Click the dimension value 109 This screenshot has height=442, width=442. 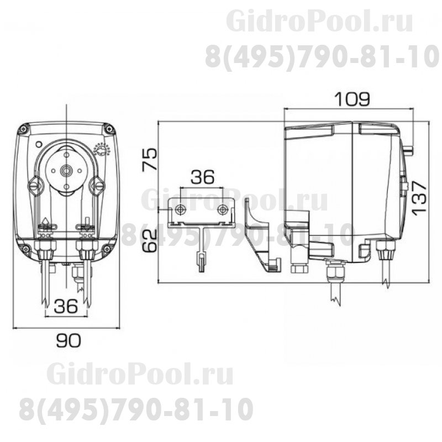tap(351, 99)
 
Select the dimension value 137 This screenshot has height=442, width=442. tap(422, 197)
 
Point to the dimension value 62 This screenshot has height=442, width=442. tap(148, 241)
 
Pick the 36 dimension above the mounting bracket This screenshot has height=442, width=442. tap(202, 177)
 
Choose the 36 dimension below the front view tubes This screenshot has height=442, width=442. tap(66, 308)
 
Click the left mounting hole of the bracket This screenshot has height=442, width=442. tap(181, 209)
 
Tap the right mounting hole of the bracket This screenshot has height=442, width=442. tap(222, 209)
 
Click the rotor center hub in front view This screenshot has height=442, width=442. tap(66, 171)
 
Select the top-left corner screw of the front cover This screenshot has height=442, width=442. tap(23, 130)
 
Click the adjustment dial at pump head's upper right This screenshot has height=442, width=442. tap(102, 150)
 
